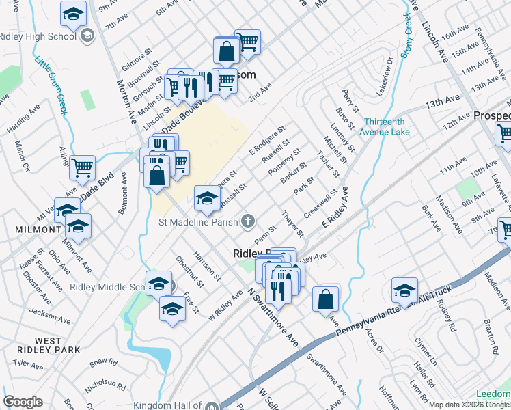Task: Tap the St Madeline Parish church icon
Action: tap(247, 221)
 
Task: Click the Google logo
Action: tap(23, 402)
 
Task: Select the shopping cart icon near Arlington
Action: tap(82, 166)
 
